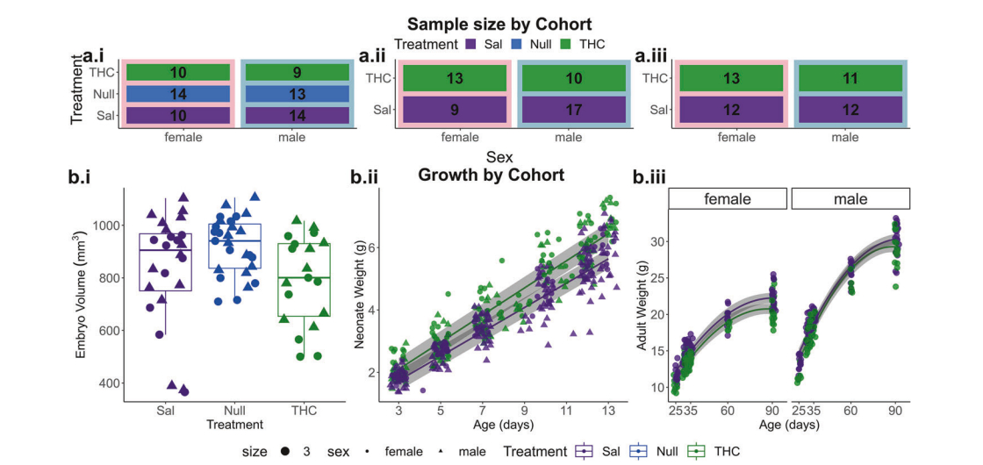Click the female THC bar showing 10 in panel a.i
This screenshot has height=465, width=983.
tap(179, 73)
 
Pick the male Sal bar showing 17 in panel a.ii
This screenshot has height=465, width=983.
tap(568, 111)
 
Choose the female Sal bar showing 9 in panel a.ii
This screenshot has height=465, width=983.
tap(454, 111)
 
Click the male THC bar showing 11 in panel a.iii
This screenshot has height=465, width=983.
tap(845, 78)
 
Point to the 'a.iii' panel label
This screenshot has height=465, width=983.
tap(651, 57)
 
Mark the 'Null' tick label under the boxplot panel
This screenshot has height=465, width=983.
tap(234, 411)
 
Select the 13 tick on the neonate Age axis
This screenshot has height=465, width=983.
tap(608, 411)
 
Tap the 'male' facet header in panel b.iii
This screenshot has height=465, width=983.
tap(850, 199)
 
